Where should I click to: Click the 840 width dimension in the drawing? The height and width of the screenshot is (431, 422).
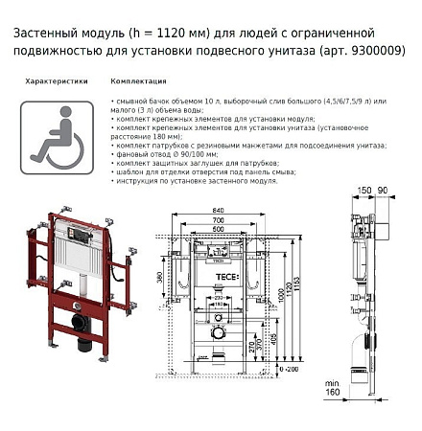tap(222, 212)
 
